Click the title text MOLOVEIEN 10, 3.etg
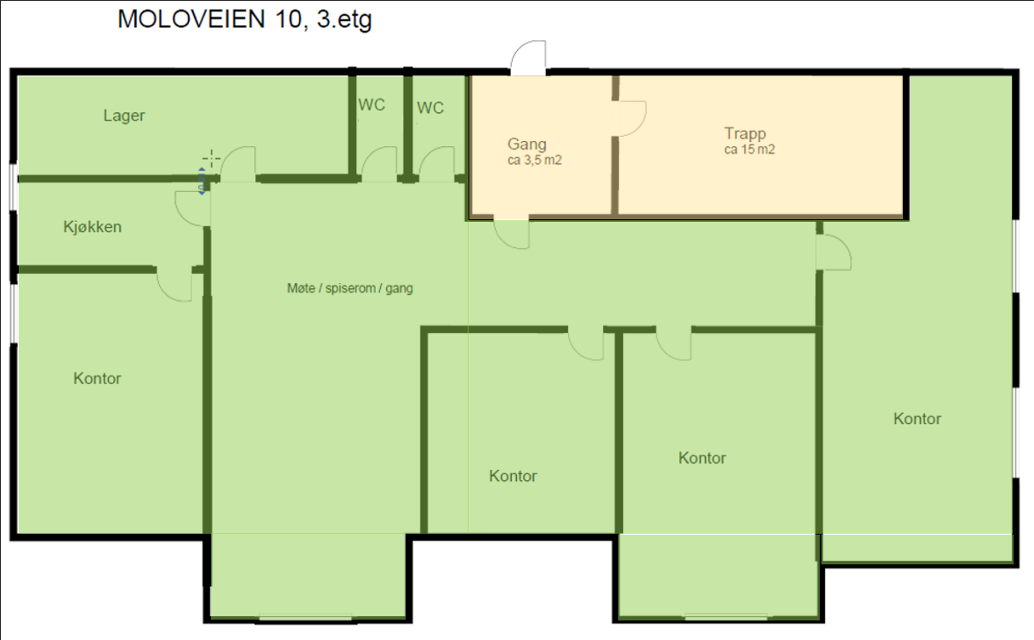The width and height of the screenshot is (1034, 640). pos(245,20)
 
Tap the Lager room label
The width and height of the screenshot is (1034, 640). pos(124,116)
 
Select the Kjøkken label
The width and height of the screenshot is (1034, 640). pos(92,227)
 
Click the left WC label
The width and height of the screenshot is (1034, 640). pos(372,105)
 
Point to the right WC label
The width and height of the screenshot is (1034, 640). pos(430,108)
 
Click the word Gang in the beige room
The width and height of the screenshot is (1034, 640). pos(527,144)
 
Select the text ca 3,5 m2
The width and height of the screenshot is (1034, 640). pos(534,159)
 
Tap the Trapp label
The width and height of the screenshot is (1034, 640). pos(746,133)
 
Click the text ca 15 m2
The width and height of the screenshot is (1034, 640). pos(748,149)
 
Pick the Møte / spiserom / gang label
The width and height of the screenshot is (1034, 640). pos(349,289)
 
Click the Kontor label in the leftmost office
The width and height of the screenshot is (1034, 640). pos(97,378)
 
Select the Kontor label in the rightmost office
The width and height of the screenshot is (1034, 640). pos(918,418)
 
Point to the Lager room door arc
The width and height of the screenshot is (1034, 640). pos(237,162)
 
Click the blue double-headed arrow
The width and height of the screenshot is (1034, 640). pos(202,181)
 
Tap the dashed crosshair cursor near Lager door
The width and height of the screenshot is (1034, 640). pos(211,158)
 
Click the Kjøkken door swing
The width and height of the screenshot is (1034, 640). pos(190,207)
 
